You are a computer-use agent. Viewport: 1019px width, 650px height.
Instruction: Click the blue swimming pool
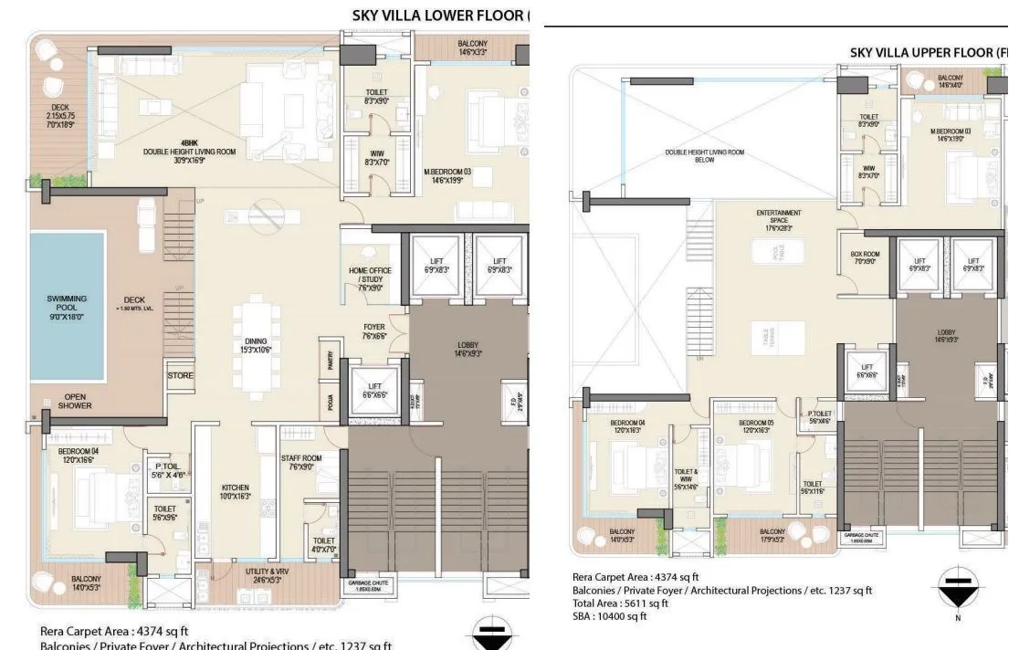(x=67, y=306)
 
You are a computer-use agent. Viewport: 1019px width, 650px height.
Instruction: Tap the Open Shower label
(x=74, y=401)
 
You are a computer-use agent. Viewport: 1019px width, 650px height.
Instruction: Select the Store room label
(x=180, y=375)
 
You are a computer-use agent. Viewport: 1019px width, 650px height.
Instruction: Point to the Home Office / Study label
(x=371, y=278)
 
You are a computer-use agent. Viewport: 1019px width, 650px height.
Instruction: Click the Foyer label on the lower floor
(x=373, y=330)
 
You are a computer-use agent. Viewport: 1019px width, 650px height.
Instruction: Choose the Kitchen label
(x=235, y=492)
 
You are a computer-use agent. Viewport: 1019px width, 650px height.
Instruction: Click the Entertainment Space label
(x=778, y=219)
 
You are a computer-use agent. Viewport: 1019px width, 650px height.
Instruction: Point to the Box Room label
(x=864, y=258)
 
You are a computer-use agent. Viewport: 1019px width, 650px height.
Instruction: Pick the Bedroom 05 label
(x=757, y=425)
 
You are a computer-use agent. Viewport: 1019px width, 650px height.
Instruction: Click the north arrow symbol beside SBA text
(x=958, y=590)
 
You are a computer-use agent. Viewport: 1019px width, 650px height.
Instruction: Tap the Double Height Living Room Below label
(x=704, y=156)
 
